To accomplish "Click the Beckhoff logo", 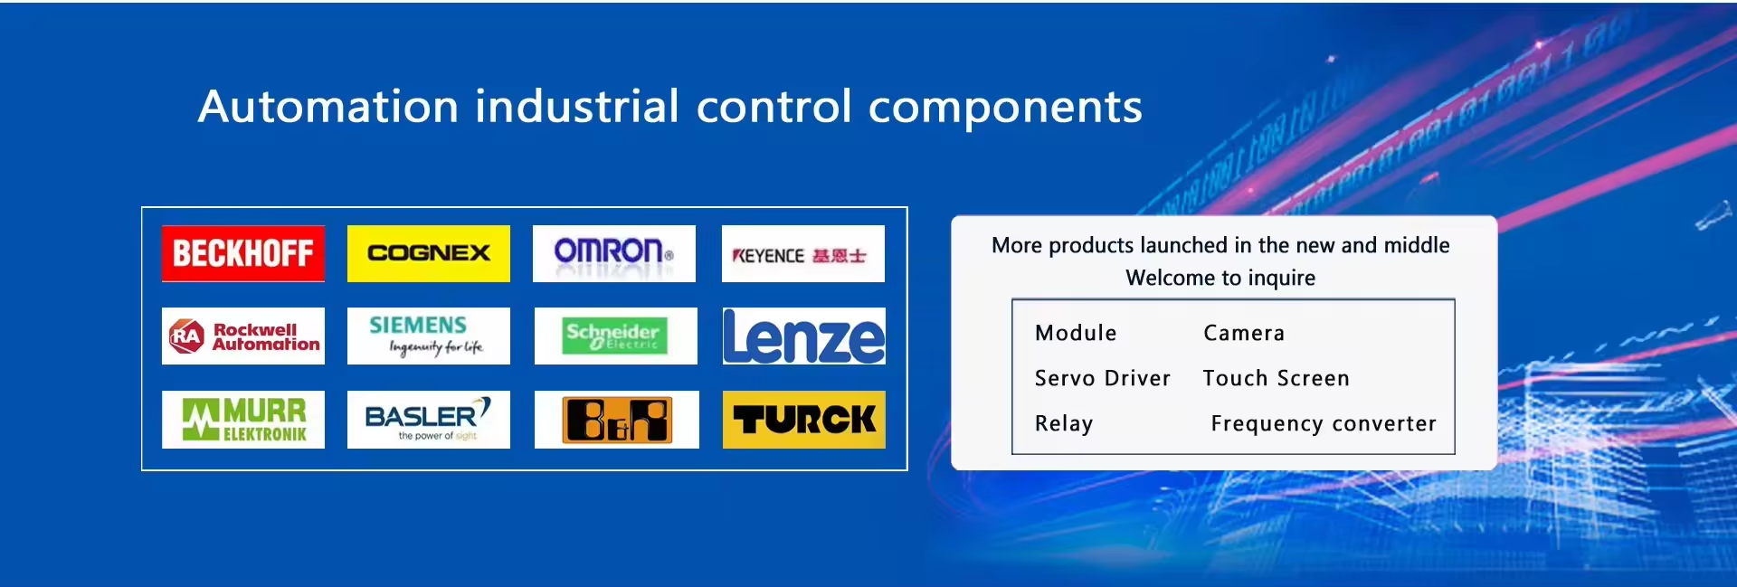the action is pyautogui.click(x=242, y=253).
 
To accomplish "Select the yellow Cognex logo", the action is pyautogui.click(x=428, y=253).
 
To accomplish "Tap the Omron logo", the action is pyautogui.click(x=613, y=253).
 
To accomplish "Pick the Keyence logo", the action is pyautogui.click(x=802, y=253).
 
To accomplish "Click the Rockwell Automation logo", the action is pyautogui.click(x=242, y=336).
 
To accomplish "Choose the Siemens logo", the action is pyautogui.click(x=428, y=336).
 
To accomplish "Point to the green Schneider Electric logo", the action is pyautogui.click(x=615, y=336).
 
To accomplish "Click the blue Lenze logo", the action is pyautogui.click(x=803, y=336).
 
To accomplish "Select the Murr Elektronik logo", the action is pyautogui.click(x=242, y=420).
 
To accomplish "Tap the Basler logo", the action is pyautogui.click(x=428, y=420).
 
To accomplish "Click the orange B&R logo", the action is pyautogui.click(x=616, y=420).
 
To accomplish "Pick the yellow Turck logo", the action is pyautogui.click(x=803, y=420).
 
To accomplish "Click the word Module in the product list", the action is pyautogui.click(x=1076, y=333).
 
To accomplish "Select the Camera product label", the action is pyautogui.click(x=1244, y=333).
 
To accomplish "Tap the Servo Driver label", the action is pyautogui.click(x=1103, y=378).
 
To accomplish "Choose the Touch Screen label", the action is pyautogui.click(x=1276, y=378).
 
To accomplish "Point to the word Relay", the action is pyautogui.click(x=1064, y=424).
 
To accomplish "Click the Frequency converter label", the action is pyautogui.click(x=1324, y=424).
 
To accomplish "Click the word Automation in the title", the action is pyautogui.click(x=328, y=107).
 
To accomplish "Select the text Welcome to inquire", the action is pyautogui.click(x=1220, y=278).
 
